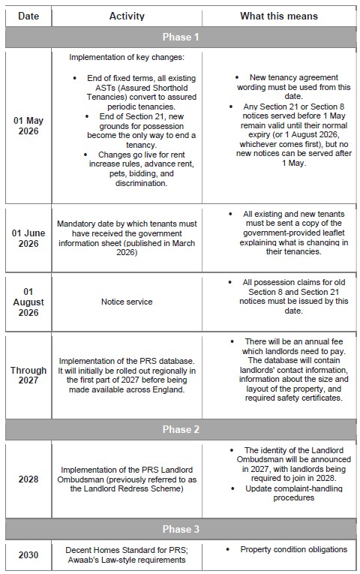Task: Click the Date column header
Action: point(28,15)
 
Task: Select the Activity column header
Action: point(127,15)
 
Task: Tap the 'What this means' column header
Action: point(278,15)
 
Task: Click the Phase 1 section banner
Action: point(180,37)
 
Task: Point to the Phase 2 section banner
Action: point(180,430)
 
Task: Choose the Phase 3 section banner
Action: point(180,530)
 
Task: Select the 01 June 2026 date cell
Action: point(28,238)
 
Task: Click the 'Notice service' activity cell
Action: point(127,301)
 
